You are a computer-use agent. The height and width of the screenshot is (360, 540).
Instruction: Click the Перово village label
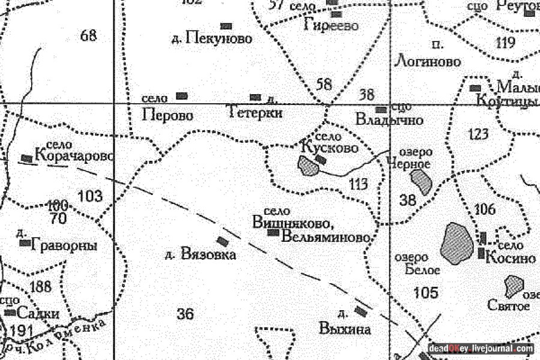(x=168, y=115)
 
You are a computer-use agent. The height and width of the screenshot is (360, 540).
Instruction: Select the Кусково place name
(x=334, y=147)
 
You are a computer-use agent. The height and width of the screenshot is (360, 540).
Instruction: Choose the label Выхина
(x=345, y=329)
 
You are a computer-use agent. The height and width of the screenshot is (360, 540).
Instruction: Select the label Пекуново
(x=218, y=39)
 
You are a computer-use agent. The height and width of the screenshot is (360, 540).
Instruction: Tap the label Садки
(x=38, y=313)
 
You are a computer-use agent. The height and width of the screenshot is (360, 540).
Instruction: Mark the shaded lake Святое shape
(x=514, y=286)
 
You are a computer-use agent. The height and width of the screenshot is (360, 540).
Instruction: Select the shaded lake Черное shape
(x=421, y=181)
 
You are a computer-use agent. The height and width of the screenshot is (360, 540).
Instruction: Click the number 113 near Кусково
(x=358, y=184)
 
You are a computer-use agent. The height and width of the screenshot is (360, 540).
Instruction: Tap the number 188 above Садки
(x=40, y=286)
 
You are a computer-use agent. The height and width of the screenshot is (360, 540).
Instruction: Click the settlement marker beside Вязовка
(x=223, y=241)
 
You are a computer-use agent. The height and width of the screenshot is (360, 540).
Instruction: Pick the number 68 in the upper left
(x=88, y=36)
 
